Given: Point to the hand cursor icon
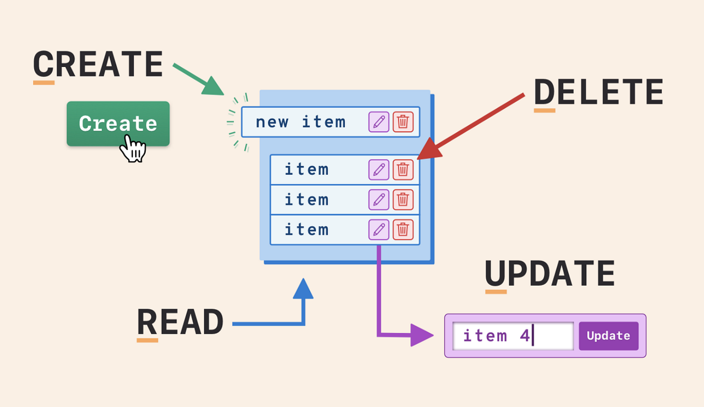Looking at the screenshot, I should pos(133,149).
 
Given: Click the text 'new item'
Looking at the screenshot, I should pos(300,122).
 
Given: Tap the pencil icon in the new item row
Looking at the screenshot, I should pos(379,122).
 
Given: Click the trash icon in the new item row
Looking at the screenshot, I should pos(403,122).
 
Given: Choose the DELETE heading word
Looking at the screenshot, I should pos(598,93).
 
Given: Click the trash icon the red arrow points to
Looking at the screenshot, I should pos(403,170).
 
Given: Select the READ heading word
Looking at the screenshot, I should pos(180,322).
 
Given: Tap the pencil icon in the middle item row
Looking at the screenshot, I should pos(379,200).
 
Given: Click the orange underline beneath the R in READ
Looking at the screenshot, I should pos(147,340).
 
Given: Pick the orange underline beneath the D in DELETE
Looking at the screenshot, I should pos(544,110).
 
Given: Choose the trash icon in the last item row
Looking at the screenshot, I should pos(403,230).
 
